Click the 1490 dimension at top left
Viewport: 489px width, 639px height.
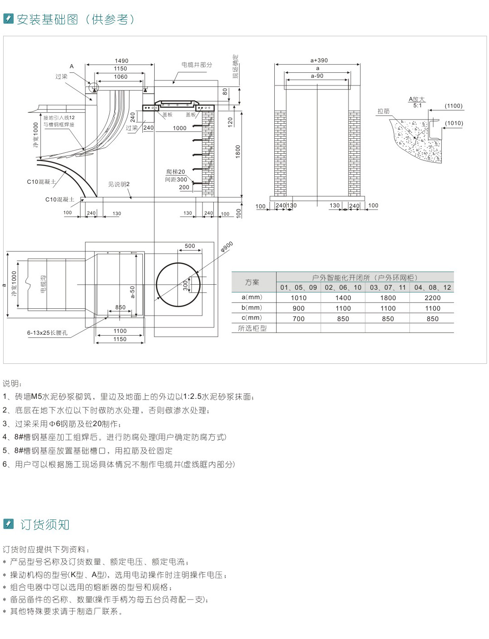click(x=121, y=60)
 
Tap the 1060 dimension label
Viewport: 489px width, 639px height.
click(x=121, y=77)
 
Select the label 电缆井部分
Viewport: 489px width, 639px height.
click(x=197, y=65)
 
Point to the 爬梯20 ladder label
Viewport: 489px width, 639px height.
click(x=176, y=172)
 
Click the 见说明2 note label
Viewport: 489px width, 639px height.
click(x=119, y=184)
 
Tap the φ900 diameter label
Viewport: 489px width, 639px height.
click(x=227, y=247)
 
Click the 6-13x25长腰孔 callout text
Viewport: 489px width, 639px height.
click(x=47, y=332)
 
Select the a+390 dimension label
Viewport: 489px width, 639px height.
click(x=319, y=60)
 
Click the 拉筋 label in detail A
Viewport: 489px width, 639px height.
click(x=383, y=111)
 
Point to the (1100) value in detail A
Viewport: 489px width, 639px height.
click(x=454, y=106)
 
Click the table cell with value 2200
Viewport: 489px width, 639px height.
click(x=432, y=298)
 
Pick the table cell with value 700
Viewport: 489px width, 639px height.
click(x=298, y=319)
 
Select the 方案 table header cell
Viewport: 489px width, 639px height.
click(x=252, y=282)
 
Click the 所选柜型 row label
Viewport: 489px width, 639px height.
click(x=252, y=328)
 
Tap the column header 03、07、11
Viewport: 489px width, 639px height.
click(x=388, y=287)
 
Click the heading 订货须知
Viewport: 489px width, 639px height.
click(x=45, y=524)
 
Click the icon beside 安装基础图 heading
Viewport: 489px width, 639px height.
click(x=8, y=19)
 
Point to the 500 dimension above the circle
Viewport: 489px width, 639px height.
click(x=190, y=246)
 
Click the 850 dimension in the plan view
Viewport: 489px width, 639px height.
click(x=120, y=307)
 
